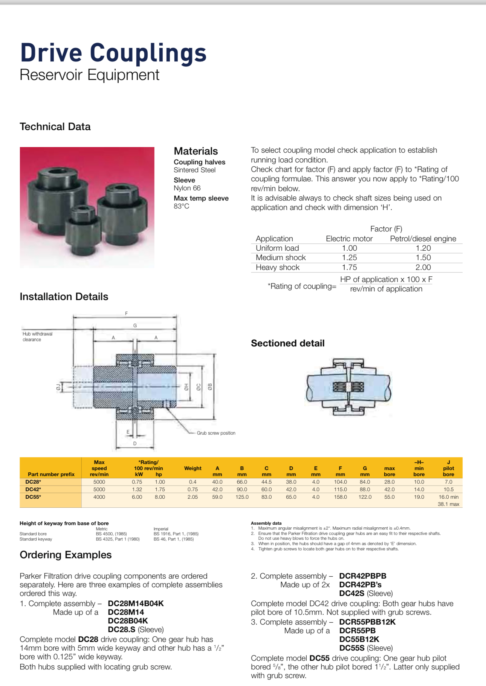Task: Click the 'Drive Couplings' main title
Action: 113,53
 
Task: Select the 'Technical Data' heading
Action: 55,127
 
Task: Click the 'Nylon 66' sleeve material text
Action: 187,188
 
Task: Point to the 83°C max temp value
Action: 181,206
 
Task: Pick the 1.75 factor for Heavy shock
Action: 349,267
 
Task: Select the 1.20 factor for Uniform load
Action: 423,248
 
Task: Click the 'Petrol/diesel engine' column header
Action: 423,239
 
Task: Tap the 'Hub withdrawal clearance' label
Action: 37,337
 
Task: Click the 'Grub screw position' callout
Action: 216,433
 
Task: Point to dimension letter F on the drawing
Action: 126,313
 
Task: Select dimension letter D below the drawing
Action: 135,444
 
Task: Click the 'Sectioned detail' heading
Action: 287,343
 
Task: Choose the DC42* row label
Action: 33,489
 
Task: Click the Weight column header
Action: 193,468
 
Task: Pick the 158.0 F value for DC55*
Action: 340,497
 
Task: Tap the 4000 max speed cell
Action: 99,497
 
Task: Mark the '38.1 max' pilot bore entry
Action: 448,504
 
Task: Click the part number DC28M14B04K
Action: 136,603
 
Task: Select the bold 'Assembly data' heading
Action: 266,523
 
